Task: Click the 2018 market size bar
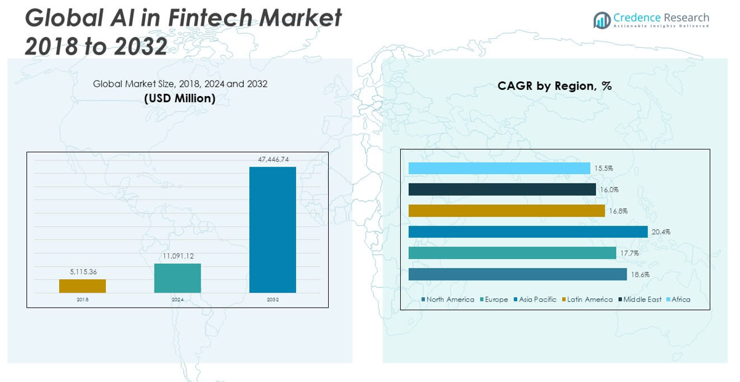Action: click(82, 286)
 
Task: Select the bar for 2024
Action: click(177, 278)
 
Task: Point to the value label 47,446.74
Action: click(273, 159)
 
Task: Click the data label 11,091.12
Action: click(178, 256)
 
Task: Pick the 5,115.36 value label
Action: click(82, 272)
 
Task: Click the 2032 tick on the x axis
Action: click(273, 300)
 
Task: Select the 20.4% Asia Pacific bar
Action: click(528, 232)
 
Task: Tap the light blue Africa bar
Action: click(499, 169)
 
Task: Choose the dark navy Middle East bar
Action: click(502, 189)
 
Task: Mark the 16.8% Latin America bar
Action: click(507, 211)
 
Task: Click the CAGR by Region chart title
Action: click(555, 86)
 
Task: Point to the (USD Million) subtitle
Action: click(180, 98)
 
